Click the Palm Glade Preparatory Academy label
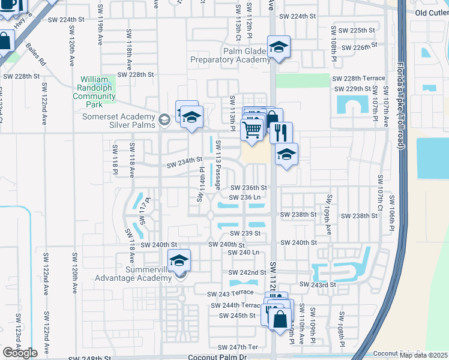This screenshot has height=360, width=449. click(x=230, y=55)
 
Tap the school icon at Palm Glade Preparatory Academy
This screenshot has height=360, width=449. click(x=279, y=47)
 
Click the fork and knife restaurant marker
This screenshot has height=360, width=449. click(x=281, y=131)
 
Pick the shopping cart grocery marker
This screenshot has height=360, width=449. click(x=252, y=129)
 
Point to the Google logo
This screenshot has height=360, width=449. click(x=20, y=353)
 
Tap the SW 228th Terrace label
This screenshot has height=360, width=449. click(x=358, y=79)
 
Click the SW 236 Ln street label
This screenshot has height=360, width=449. click(x=245, y=197)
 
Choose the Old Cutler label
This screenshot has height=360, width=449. click(x=432, y=13)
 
